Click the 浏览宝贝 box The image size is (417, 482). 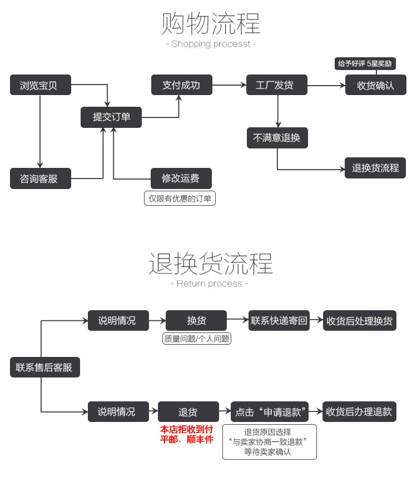(41, 86)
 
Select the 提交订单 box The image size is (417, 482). (111, 117)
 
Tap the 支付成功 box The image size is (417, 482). (181, 85)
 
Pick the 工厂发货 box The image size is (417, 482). (277, 86)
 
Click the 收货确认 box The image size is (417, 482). (375, 86)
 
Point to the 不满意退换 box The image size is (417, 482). (277, 138)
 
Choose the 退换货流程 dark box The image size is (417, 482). (375, 167)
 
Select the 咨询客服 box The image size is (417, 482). (41, 178)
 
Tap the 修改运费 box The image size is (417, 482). (181, 178)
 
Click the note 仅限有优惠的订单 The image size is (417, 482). (180, 198)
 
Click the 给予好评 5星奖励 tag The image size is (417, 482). (365, 64)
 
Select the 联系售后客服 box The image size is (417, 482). (44, 367)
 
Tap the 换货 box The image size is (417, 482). (196, 321)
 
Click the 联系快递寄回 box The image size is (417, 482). (279, 321)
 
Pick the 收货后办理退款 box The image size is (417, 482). (359, 412)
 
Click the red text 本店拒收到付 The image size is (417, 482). (186, 429)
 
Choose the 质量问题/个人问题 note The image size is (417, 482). (196, 339)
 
